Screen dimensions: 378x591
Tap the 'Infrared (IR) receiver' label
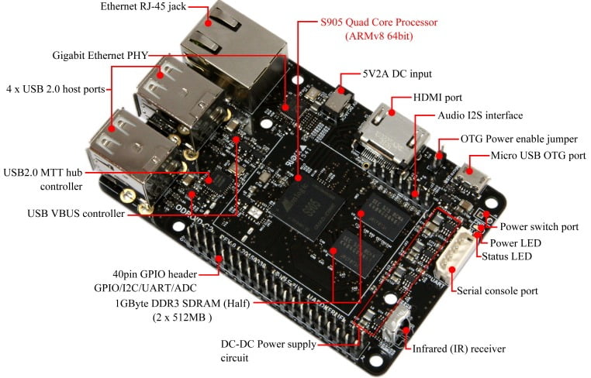coord(462,349)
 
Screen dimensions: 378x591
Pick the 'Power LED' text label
coord(520,242)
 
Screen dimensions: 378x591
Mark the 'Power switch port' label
coord(538,227)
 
